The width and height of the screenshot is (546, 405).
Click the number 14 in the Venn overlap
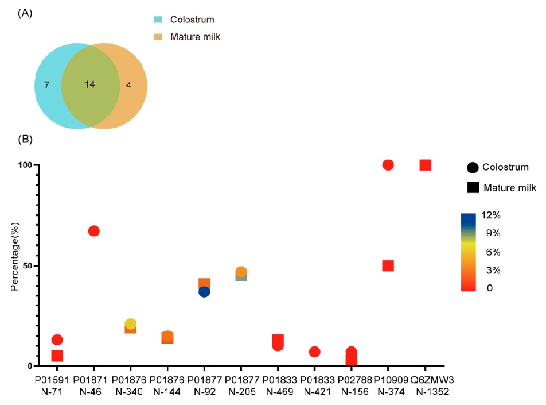click(90, 84)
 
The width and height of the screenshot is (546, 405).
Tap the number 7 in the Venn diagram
click(46, 85)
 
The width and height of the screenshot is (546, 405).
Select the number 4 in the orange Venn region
click(128, 85)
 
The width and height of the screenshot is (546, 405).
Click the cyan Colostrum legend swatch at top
click(158, 20)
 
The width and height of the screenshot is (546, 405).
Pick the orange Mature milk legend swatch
click(158, 37)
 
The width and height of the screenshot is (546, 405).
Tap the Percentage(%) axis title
click(14, 256)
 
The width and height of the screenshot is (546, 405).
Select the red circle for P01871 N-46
click(93, 231)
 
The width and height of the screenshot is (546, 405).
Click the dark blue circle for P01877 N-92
click(204, 292)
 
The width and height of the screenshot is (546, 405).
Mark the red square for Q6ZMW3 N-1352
click(425, 165)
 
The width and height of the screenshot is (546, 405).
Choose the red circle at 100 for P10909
click(388, 165)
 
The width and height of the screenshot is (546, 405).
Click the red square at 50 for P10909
click(388, 266)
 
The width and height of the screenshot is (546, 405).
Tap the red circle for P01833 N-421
click(314, 352)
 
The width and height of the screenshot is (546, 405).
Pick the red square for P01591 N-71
click(57, 356)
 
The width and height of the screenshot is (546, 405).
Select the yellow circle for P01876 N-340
click(131, 324)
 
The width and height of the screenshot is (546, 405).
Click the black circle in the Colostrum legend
click(473, 167)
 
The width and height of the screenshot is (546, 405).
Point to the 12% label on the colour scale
click(491, 215)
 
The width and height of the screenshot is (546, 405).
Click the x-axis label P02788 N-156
click(355, 385)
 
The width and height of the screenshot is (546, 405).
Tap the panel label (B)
click(25, 139)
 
